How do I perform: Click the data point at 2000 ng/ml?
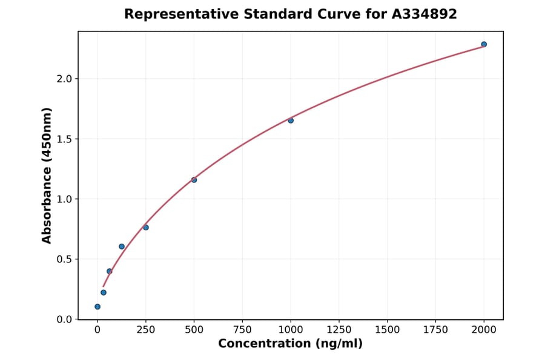(484, 44)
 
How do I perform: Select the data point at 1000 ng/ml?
(291, 121)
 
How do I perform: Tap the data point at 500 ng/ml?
(194, 180)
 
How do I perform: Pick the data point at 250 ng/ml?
(146, 227)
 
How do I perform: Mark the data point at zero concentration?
(97, 307)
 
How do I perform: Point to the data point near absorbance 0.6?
(122, 247)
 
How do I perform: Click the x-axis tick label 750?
(242, 330)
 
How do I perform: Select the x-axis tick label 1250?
(339, 330)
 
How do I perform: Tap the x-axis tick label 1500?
(388, 330)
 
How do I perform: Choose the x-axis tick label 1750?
(435, 330)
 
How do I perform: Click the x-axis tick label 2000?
(484, 330)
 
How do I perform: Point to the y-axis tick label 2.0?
(64, 79)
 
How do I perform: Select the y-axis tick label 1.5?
(64, 139)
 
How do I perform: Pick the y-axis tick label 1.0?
(64, 199)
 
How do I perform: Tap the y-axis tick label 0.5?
(64, 259)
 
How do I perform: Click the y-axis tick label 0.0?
(64, 319)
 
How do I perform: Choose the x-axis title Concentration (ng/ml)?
(290, 344)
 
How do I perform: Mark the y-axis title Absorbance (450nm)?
(47, 175)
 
